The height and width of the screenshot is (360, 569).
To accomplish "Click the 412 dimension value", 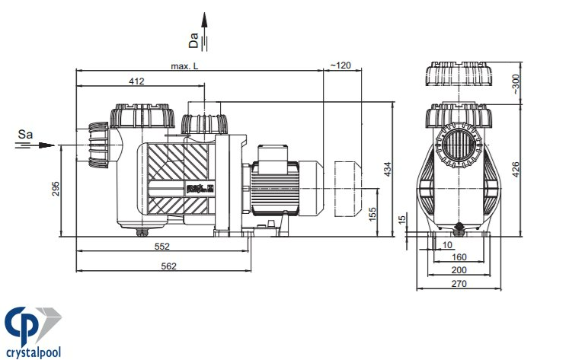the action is tap(136, 81).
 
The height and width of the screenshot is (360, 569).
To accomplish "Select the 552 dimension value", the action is tap(161, 247).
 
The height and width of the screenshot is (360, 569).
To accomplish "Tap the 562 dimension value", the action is tap(169, 266).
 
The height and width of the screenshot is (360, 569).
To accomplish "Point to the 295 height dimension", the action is tap(56, 189).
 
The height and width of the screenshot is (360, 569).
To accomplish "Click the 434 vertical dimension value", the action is tap(388, 169).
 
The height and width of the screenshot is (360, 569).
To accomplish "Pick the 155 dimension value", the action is tap(372, 215).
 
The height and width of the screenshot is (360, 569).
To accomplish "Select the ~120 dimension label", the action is tap(340, 65).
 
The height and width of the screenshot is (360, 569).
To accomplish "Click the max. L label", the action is tap(184, 66).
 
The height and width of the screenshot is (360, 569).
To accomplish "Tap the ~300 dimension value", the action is tap(516, 84).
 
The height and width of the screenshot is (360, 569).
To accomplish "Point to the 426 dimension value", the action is tap(516, 169).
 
